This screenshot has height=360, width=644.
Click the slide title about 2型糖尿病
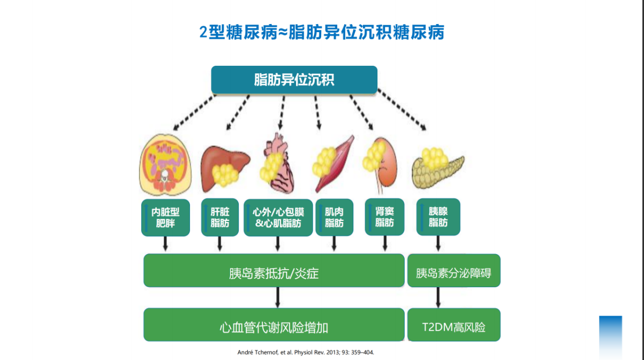322,32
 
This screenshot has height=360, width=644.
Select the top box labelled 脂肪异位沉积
294,80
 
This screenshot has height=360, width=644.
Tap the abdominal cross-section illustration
165,165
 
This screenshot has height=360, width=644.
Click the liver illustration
225,168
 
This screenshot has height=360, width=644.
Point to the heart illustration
277,163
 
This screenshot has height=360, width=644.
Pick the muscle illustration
334,164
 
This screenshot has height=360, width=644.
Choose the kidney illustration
380,165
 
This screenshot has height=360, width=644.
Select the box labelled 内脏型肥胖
165,218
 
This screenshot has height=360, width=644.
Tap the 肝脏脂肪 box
220,217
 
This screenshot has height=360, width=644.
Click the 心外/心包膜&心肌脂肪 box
278,218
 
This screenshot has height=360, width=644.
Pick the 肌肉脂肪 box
335,217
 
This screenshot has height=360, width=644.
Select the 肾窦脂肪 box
385,217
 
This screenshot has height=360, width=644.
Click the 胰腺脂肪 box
438,217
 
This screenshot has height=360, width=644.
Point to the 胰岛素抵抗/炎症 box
274,270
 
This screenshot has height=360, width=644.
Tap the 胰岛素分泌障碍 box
454,270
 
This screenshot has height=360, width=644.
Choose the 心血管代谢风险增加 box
274,325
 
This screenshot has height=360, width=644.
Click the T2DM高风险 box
454,325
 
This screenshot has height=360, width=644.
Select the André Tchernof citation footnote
306,352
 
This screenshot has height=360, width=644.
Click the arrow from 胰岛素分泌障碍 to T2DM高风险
438,297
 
